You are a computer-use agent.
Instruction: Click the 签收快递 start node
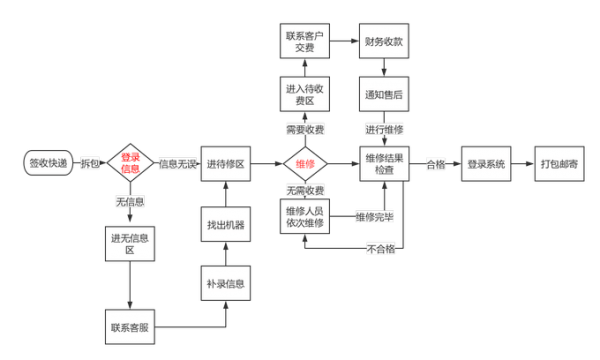(x=49, y=163)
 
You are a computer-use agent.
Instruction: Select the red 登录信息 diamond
(x=131, y=163)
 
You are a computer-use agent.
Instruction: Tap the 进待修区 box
(x=229, y=163)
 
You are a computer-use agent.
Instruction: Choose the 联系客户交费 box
(x=304, y=43)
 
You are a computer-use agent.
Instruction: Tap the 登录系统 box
(x=484, y=163)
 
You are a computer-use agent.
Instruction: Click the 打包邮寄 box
(x=563, y=163)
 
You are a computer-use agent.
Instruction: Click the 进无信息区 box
(x=130, y=242)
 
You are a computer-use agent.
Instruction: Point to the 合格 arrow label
(x=436, y=163)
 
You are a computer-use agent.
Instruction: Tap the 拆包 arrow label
(x=91, y=163)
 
